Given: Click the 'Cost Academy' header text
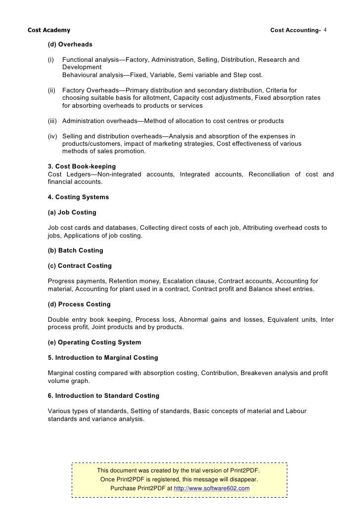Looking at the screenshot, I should click(x=49, y=31).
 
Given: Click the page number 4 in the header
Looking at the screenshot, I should click(x=325, y=31).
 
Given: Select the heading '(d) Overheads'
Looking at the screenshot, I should click(x=70, y=44).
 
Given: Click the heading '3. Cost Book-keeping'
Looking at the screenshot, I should click(x=82, y=167).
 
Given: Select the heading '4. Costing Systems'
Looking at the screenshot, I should click(x=78, y=197).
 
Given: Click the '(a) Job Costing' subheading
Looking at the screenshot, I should click(x=72, y=212).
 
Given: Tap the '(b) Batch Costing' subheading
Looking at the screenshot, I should click(x=75, y=251).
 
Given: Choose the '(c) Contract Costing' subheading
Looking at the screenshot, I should click(x=80, y=266).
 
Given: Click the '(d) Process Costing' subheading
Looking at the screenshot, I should click(x=79, y=304).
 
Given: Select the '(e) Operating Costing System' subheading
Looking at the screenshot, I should click(x=94, y=342).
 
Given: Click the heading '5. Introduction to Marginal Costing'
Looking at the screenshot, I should click(x=103, y=358).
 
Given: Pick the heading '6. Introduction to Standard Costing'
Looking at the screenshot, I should click(x=103, y=396).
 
